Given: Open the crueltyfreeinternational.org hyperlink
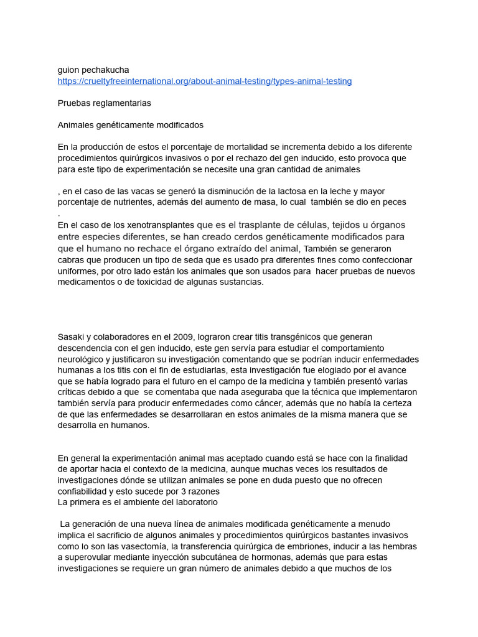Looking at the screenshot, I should tap(205, 81).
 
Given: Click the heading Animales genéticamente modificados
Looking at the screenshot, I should tap(131, 125).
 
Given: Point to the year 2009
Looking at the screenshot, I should tap(170, 337).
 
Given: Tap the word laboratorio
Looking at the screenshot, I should tap(192, 502).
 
